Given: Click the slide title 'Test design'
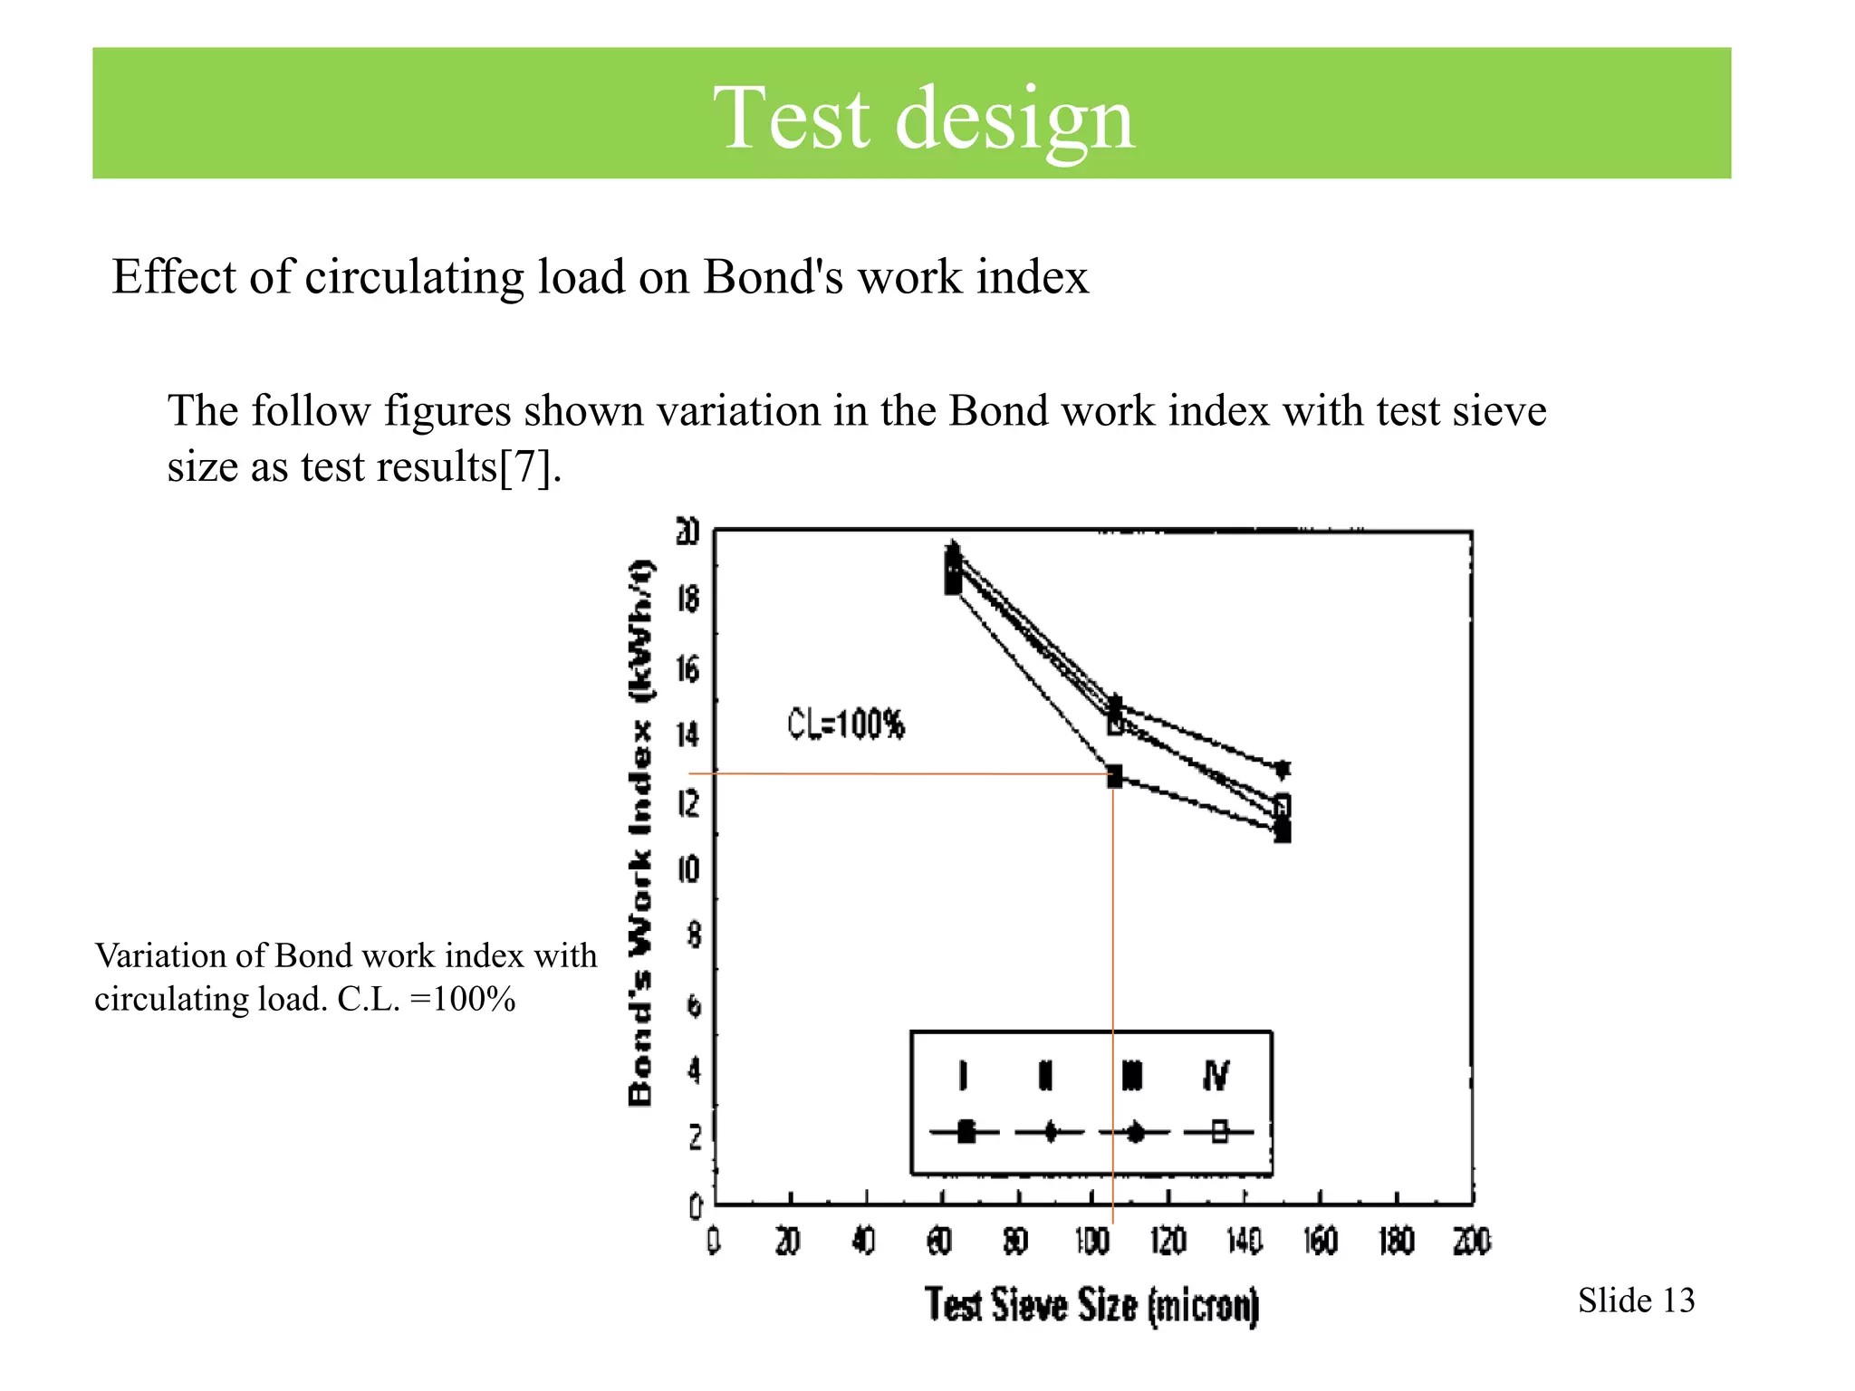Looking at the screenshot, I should (x=924, y=118).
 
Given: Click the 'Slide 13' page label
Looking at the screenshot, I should (x=1636, y=1300).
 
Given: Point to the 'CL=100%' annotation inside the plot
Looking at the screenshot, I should (x=846, y=724).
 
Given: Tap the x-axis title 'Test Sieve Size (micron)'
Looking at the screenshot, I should (x=1092, y=1305).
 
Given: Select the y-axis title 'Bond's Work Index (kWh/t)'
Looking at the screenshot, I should (x=640, y=832).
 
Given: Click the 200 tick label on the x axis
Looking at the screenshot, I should (x=1472, y=1241).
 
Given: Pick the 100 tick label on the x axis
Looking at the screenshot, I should (x=1092, y=1241).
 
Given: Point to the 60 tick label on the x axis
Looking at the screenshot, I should (x=940, y=1241).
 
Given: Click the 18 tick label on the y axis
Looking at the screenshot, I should (x=688, y=599).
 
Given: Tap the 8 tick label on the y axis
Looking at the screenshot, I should (x=694, y=935).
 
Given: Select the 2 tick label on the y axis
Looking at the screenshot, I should (x=695, y=1137).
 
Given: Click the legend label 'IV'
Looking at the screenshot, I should (x=1216, y=1076).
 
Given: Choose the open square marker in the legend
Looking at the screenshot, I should (x=1219, y=1132).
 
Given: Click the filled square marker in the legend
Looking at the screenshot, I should (x=966, y=1132).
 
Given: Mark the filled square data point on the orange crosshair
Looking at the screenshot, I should (x=1114, y=776).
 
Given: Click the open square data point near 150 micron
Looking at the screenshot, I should (x=1282, y=805).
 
